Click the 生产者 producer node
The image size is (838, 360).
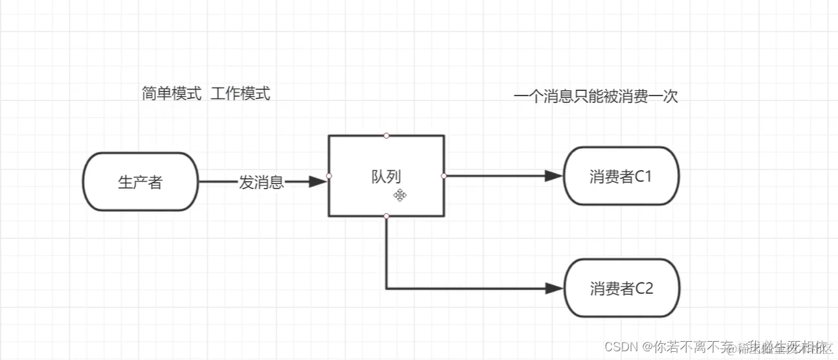click(140, 182)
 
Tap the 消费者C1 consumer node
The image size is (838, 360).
click(621, 176)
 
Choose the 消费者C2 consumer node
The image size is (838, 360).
click(621, 288)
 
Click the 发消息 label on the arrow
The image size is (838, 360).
click(261, 182)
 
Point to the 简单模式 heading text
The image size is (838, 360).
click(172, 94)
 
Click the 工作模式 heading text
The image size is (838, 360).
click(240, 94)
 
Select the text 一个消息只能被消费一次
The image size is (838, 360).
click(595, 97)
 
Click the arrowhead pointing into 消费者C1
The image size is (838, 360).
click(554, 176)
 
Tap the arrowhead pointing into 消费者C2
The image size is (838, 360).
click(554, 288)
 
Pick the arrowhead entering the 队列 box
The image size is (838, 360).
click(317, 182)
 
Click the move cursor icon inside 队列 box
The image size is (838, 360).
click(400, 195)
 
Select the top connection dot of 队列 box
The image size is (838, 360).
click(386, 136)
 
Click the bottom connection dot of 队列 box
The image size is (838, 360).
click(386, 216)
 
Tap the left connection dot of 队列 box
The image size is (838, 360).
click(328, 176)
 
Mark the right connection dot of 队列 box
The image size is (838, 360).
click(444, 176)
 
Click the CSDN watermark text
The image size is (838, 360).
click(621, 347)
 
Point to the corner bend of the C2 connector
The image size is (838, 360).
click(387, 288)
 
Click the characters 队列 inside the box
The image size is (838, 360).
click(386, 176)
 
